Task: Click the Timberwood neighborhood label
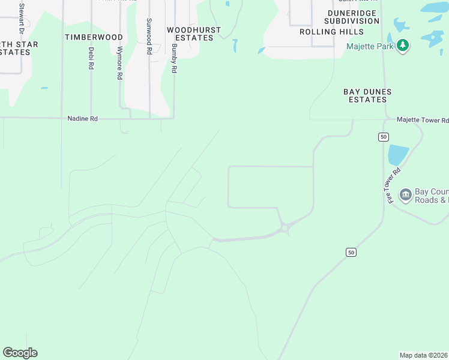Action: [x=94, y=37]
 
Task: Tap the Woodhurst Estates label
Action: [x=194, y=34]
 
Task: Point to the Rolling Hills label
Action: [x=331, y=32]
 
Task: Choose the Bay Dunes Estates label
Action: [x=367, y=96]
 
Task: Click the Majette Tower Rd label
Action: [x=423, y=121]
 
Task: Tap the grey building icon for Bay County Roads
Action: [x=405, y=194]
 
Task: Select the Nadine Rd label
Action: [x=82, y=119]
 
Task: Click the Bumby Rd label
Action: [x=174, y=58]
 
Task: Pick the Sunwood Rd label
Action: [x=149, y=37]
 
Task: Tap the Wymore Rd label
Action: [x=120, y=63]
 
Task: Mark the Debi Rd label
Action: [x=91, y=58]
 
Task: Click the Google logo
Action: [x=20, y=353]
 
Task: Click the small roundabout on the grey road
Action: [x=285, y=228]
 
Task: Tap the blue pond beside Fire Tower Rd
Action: [x=398, y=154]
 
